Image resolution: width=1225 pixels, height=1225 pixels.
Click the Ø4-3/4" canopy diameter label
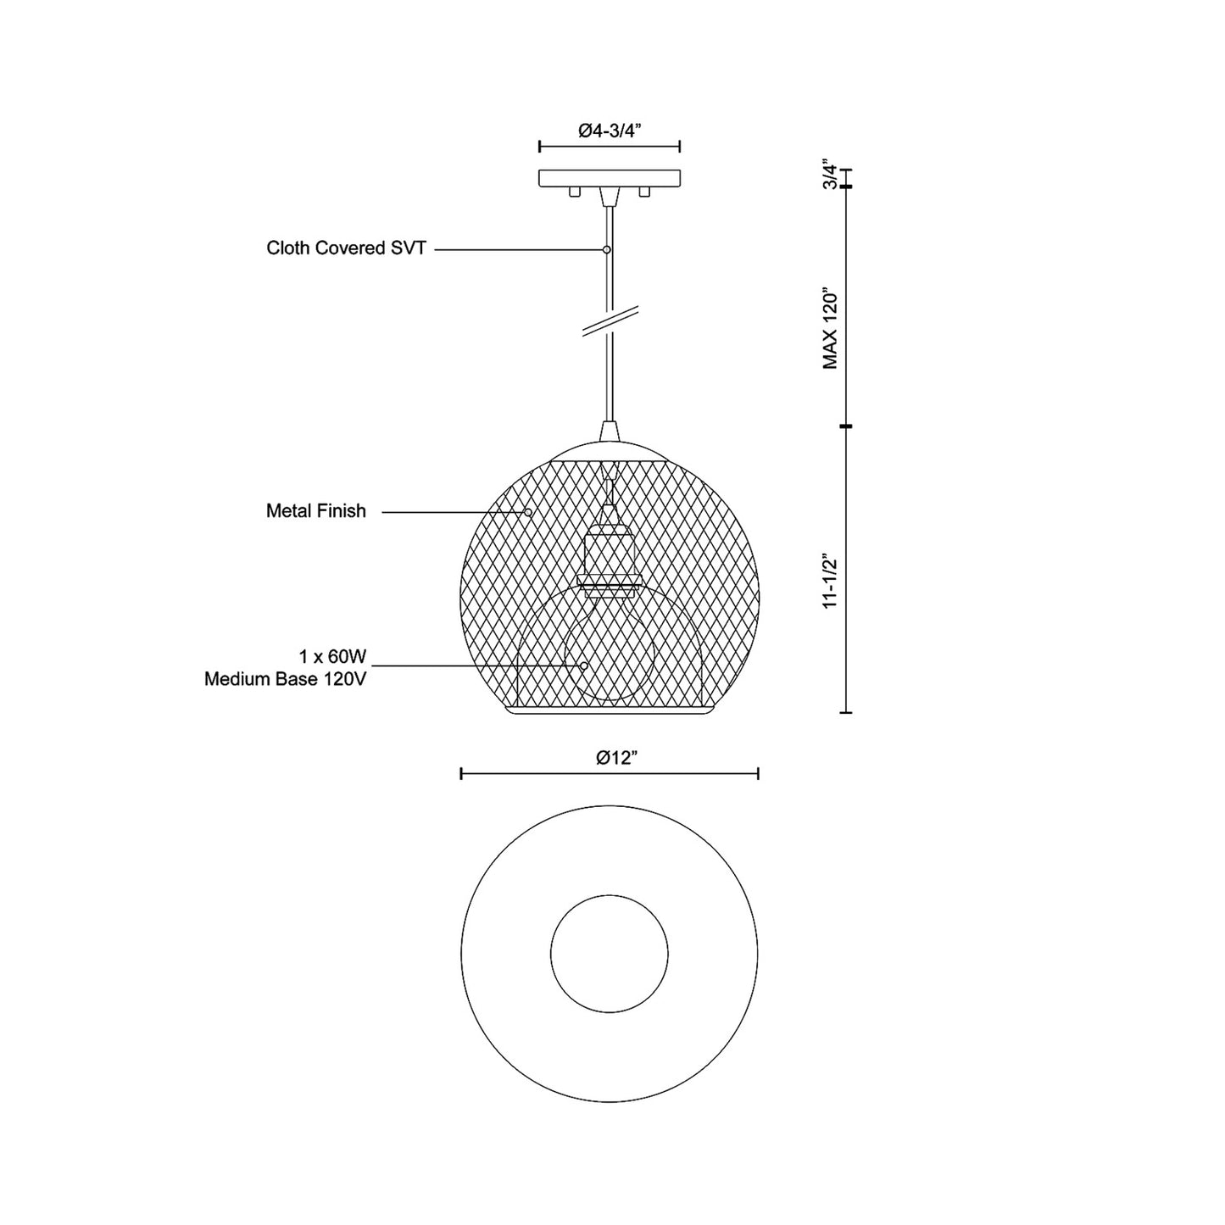pyautogui.click(x=609, y=131)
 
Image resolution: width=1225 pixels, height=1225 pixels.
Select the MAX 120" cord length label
pyautogui.click(x=830, y=331)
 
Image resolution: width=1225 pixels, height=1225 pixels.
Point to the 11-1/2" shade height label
pyautogui.click(x=830, y=582)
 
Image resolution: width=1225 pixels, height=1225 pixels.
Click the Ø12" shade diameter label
pyautogui.click(x=616, y=757)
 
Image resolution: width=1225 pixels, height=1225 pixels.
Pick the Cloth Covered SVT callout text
pyautogui.click(x=347, y=248)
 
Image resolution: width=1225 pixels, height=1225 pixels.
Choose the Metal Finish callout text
pyautogui.click(x=316, y=510)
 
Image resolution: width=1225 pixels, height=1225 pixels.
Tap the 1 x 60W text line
pyautogui.click(x=332, y=656)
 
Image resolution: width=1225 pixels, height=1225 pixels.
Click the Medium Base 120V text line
pyautogui.click(x=286, y=679)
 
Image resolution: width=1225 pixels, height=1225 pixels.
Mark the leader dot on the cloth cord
pyautogui.click(x=606, y=250)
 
